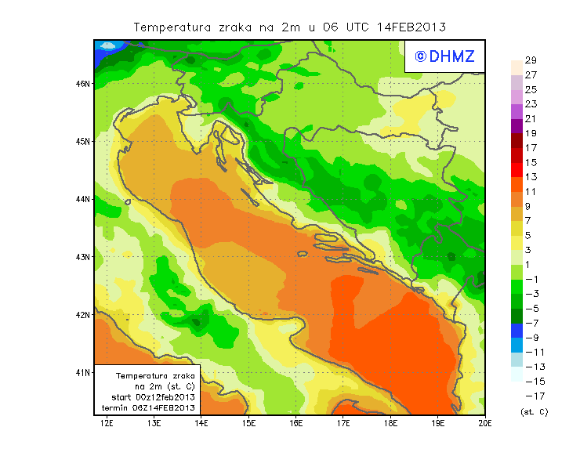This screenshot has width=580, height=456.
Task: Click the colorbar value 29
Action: point(531,60)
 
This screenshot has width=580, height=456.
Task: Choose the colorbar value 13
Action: point(531,177)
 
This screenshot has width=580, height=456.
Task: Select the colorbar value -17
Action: point(529,396)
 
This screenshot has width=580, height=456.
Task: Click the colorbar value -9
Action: point(529,338)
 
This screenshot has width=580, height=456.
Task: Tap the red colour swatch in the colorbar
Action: point(517,169)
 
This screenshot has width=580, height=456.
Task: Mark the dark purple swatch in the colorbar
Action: point(517,125)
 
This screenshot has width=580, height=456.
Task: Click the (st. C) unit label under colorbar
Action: point(534,411)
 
